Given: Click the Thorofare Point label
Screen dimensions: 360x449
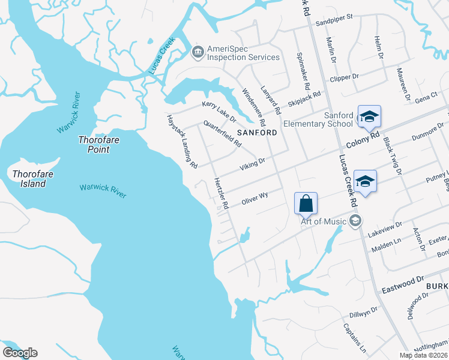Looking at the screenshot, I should pyautogui.click(x=94, y=145).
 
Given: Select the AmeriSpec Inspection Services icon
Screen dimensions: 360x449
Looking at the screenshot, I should pyautogui.click(x=197, y=53).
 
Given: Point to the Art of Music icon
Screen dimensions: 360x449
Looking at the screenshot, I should pyautogui.click(x=355, y=221).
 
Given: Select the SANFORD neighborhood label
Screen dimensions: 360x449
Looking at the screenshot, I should pyautogui.click(x=257, y=132).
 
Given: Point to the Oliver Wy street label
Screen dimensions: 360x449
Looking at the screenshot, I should pyautogui.click(x=254, y=199).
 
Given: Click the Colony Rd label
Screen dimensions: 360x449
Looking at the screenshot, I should pyautogui.click(x=364, y=140).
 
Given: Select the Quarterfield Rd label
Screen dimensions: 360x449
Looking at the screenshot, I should pyautogui.click(x=222, y=134).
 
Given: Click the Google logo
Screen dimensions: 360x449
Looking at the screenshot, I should pyautogui.click(x=20, y=353).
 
